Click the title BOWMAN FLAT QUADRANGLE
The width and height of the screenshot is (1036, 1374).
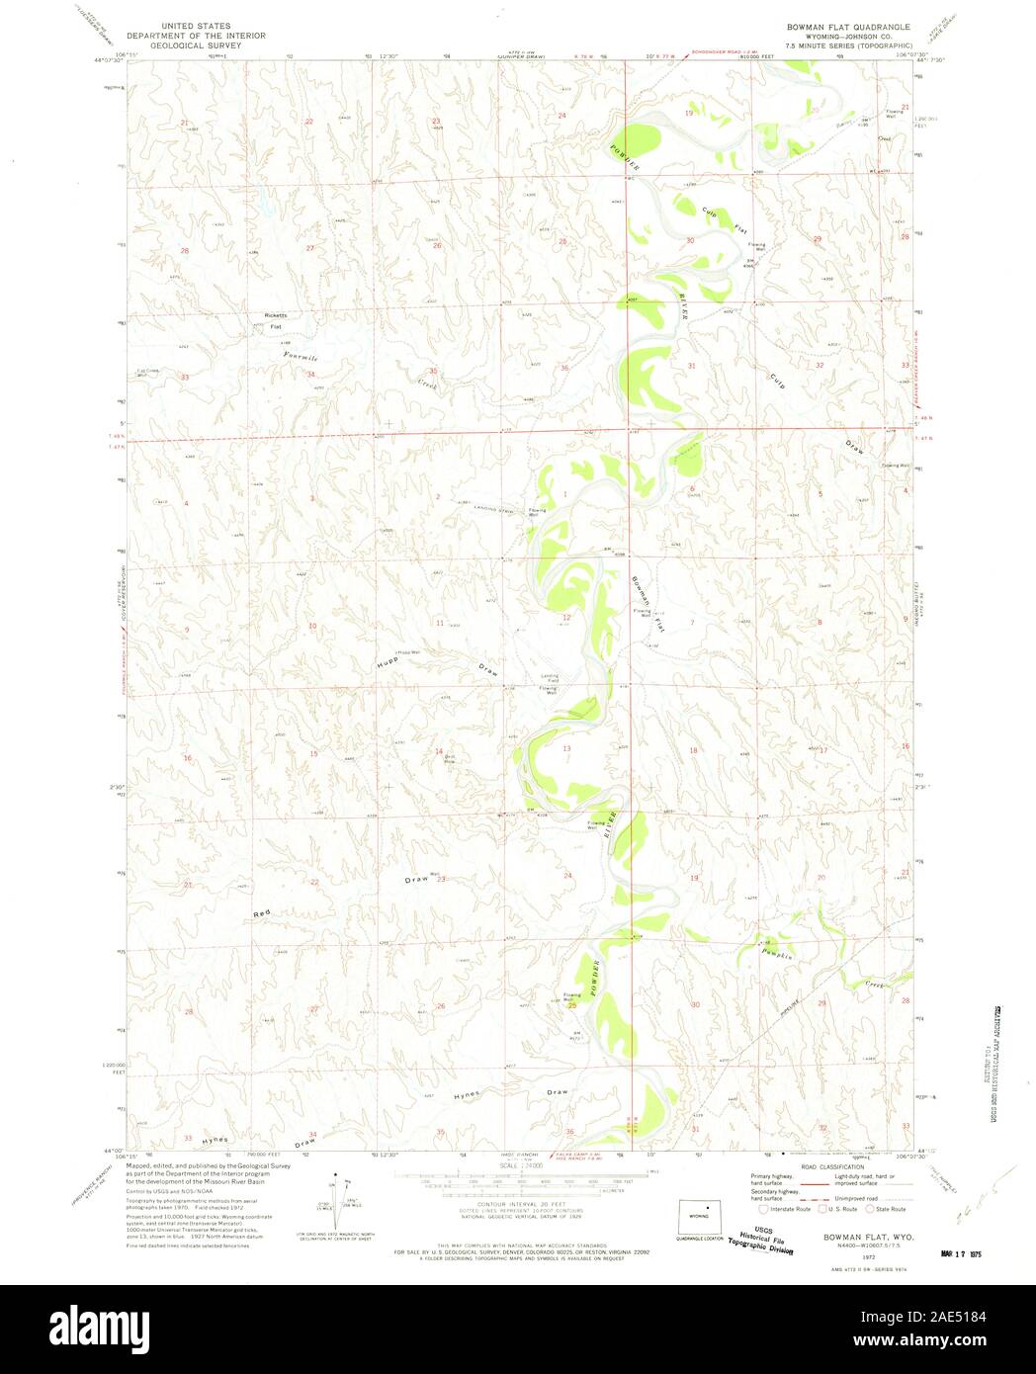tap(848, 27)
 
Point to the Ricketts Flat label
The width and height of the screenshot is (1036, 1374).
tap(274, 320)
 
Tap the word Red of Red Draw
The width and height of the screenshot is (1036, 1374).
tap(261, 913)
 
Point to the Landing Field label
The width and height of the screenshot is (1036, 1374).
tap(549, 679)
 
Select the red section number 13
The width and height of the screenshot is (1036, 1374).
tap(566, 749)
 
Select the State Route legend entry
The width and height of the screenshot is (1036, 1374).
tap(886, 1208)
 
